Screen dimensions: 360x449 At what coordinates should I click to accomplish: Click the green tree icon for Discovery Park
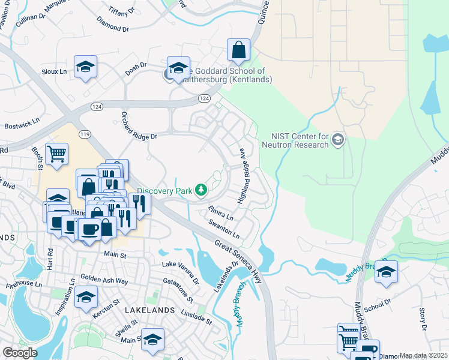coord(200,191)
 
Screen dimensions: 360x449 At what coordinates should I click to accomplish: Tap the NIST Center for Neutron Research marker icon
coord(338,140)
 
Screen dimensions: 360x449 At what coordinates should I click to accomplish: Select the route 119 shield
coord(84,134)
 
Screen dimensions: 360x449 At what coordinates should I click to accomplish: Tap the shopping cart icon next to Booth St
coord(56,154)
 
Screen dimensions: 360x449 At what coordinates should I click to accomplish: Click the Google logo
coord(20,352)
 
